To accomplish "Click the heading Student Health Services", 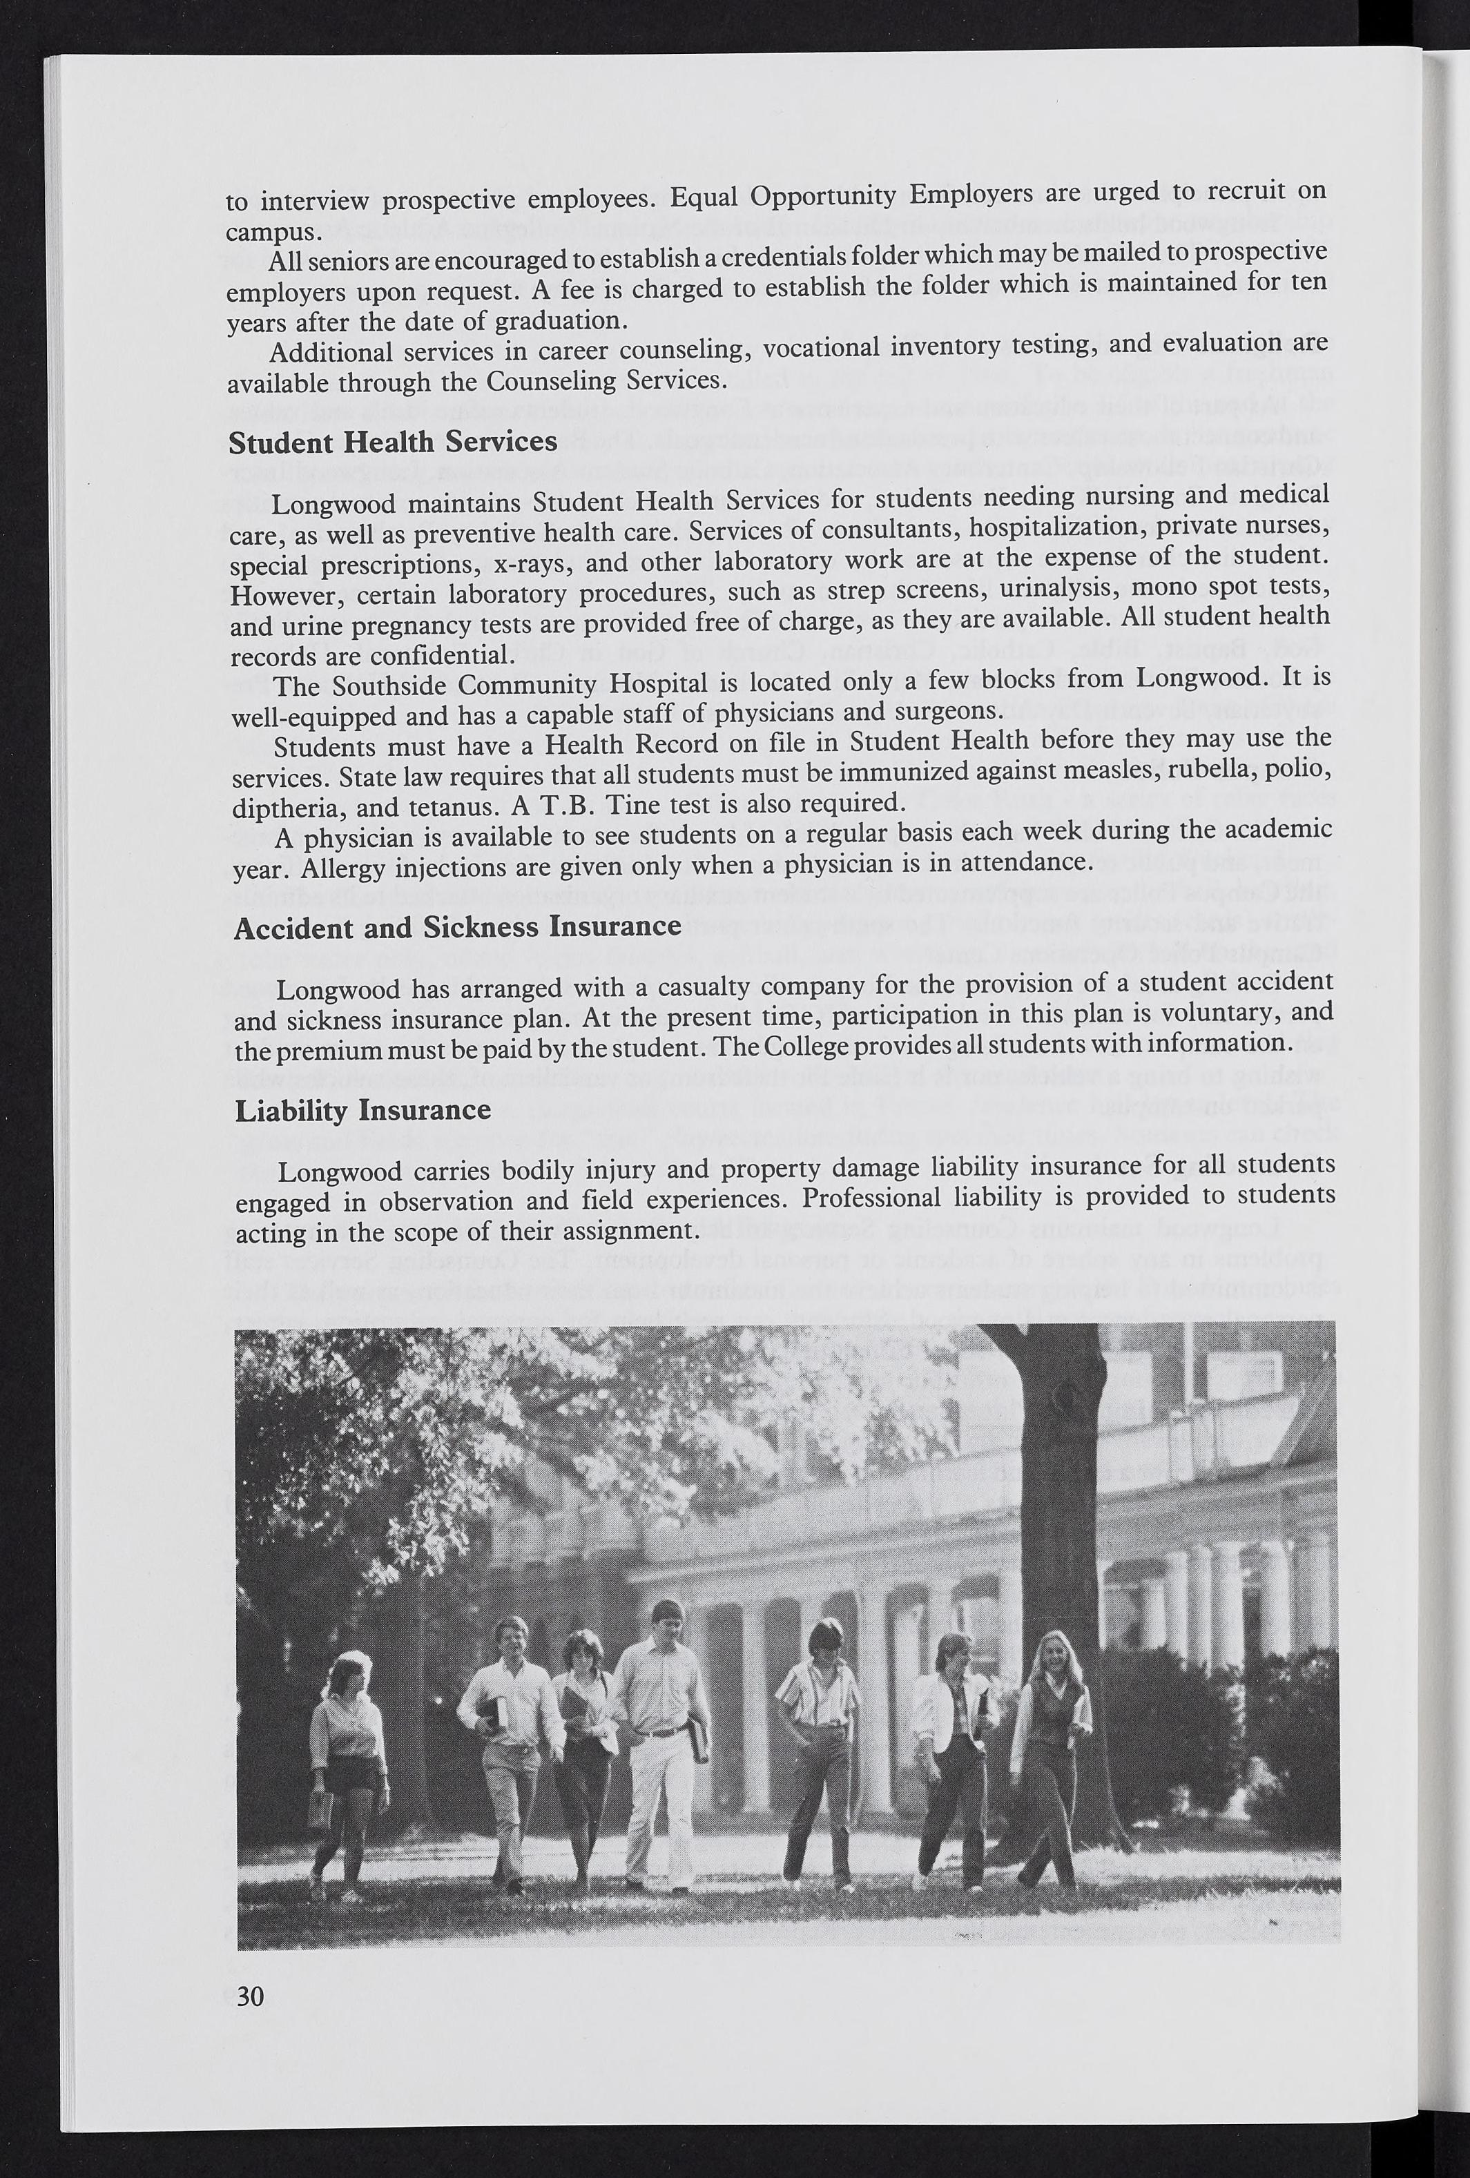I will (x=393, y=443).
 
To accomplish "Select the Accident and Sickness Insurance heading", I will (x=458, y=928).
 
